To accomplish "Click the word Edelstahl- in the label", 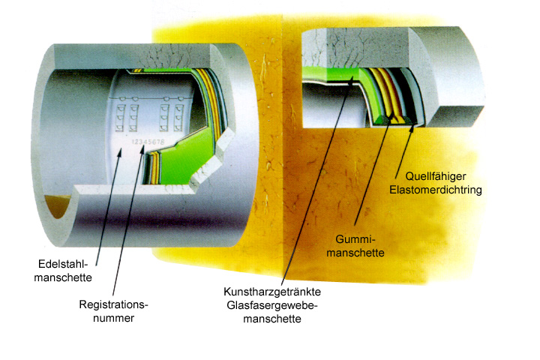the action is (x=63, y=264).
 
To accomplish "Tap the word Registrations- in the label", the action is (x=113, y=304).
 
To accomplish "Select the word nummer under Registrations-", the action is (x=113, y=318).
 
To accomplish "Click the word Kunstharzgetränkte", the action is (x=272, y=292).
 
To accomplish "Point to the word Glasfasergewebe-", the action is (x=272, y=305).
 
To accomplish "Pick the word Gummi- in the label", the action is (x=355, y=239).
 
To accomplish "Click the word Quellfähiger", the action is (x=436, y=176).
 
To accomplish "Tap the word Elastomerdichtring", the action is (x=436, y=190).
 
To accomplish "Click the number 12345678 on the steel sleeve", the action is (x=148, y=142).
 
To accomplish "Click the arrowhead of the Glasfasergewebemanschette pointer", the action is (x=350, y=81).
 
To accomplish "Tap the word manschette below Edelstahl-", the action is (x=63, y=277).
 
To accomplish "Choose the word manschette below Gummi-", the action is (x=355, y=253).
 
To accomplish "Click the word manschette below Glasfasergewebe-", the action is (x=272, y=319).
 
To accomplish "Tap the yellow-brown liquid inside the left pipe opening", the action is (x=57, y=205).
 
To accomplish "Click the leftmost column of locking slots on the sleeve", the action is (x=120, y=117).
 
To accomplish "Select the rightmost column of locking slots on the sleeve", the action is (x=178, y=117).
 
